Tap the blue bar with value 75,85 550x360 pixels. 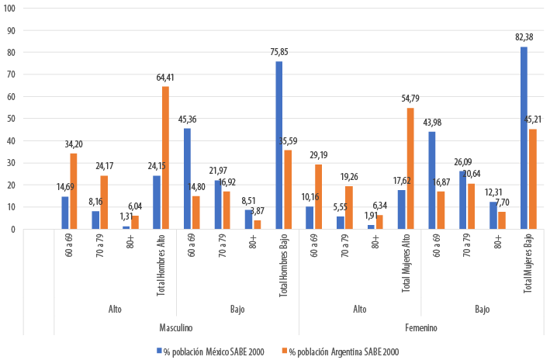(278, 145)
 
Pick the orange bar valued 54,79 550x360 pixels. (410, 168)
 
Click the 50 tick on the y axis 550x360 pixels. (10, 119)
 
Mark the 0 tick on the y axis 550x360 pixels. (13, 229)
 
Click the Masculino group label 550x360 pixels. (177, 328)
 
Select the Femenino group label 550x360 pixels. (421, 328)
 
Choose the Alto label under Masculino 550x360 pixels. (115, 307)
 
